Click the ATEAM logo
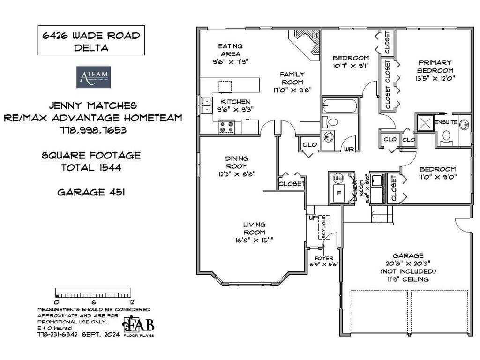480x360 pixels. [93, 77]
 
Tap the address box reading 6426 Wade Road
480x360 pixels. [91, 40]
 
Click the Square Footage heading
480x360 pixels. [91, 155]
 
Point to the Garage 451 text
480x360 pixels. [91, 192]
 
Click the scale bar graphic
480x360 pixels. [92, 293]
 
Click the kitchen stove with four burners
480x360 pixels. [227, 127]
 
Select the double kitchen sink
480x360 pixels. [206, 105]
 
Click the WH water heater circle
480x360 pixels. [337, 179]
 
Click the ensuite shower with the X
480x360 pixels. [425, 123]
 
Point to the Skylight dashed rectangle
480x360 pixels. [324, 227]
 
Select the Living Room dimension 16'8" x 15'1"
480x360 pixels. [254, 240]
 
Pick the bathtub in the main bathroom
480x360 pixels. [340, 106]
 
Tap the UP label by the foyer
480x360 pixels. [312, 218]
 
